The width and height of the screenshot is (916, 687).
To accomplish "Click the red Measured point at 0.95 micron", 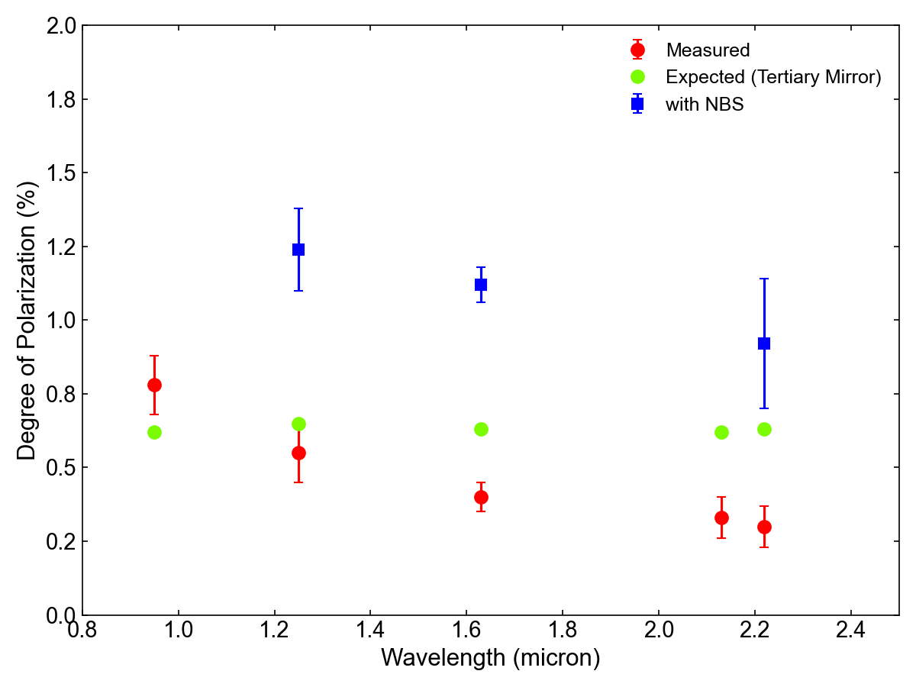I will click(154, 385).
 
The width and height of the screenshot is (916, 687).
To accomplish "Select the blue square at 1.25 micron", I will click(298, 250).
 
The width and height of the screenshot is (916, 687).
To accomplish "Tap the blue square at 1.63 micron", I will click(481, 285).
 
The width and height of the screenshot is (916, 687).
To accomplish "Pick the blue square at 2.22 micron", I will click(764, 343).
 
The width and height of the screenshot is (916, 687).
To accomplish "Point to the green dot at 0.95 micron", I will click(154, 432).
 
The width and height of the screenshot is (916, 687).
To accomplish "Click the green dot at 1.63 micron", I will click(481, 429).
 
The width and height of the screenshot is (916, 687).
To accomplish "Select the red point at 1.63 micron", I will click(481, 497).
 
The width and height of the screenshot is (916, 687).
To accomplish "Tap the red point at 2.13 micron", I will click(721, 518).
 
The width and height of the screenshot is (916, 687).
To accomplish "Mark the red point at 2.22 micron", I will click(764, 527).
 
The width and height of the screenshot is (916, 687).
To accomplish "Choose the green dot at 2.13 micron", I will click(721, 432).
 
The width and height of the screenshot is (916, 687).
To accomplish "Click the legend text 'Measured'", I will click(708, 50).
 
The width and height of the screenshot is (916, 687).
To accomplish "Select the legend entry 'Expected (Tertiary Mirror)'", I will click(773, 77).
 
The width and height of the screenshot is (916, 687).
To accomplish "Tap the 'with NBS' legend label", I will click(705, 105).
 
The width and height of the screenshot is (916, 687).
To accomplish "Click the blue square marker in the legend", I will click(637, 104).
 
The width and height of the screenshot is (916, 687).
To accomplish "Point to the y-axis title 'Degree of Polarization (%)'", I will click(27, 321).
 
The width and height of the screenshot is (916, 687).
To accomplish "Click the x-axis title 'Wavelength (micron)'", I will click(490, 657).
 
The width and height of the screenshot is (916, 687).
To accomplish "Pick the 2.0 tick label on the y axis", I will click(60, 26).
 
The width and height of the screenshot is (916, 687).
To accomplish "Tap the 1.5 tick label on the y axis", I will click(60, 173).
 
